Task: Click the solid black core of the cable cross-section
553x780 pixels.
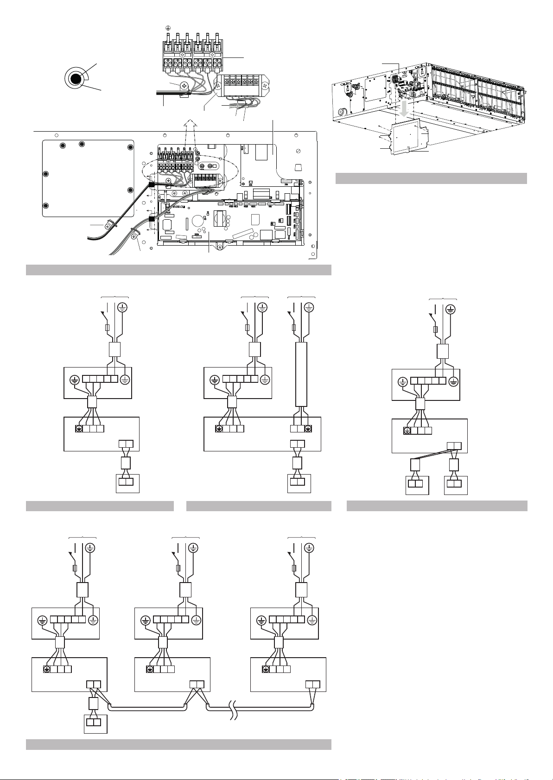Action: [x=74, y=79]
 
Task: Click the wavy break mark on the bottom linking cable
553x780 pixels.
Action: [x=235, y=709]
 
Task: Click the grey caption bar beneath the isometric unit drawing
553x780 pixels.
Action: [x=431, y=178]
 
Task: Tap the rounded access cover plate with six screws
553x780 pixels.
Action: [x=88, y=178]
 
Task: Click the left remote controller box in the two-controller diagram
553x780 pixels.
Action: [x=417, y=485]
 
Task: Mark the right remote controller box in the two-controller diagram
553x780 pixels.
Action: [x=456, y=485]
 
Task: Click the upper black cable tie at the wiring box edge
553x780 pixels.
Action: [x=151, y=184]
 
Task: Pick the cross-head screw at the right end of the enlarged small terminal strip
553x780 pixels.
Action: [x=265, y=85]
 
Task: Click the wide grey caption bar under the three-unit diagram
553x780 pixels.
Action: [x=178, y=744]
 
